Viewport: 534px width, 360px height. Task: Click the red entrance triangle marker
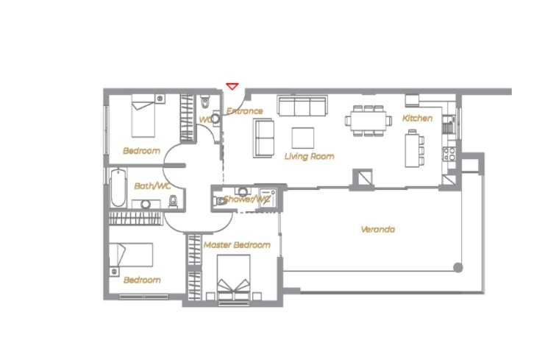coord(232,86)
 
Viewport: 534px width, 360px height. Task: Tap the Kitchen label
coord(417,119)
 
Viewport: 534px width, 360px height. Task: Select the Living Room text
coord(309,157)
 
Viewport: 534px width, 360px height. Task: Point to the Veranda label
coord(377,230)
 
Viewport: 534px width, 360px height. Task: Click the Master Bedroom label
coord(237,244)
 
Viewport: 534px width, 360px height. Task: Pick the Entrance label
coord(244,111)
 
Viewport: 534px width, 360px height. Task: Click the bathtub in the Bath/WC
coord(118,188)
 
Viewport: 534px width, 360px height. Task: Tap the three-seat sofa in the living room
coord(302,106)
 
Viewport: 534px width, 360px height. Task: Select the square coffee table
coord(303,138)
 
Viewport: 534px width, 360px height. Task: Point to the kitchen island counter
coord(412,150)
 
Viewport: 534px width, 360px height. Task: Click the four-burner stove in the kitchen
coord(449,154)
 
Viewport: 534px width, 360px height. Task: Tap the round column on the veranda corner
coord(458,268)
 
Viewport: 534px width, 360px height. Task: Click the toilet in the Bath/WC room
coord(174,201)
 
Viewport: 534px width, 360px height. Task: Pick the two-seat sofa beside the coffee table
coord(263,138)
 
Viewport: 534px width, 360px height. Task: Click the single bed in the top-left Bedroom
coord(143,116)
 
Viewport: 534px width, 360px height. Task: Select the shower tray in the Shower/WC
coord(267,197)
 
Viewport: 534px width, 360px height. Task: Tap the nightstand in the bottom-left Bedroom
coord(115,272)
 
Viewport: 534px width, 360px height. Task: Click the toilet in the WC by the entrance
coord(205,102)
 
